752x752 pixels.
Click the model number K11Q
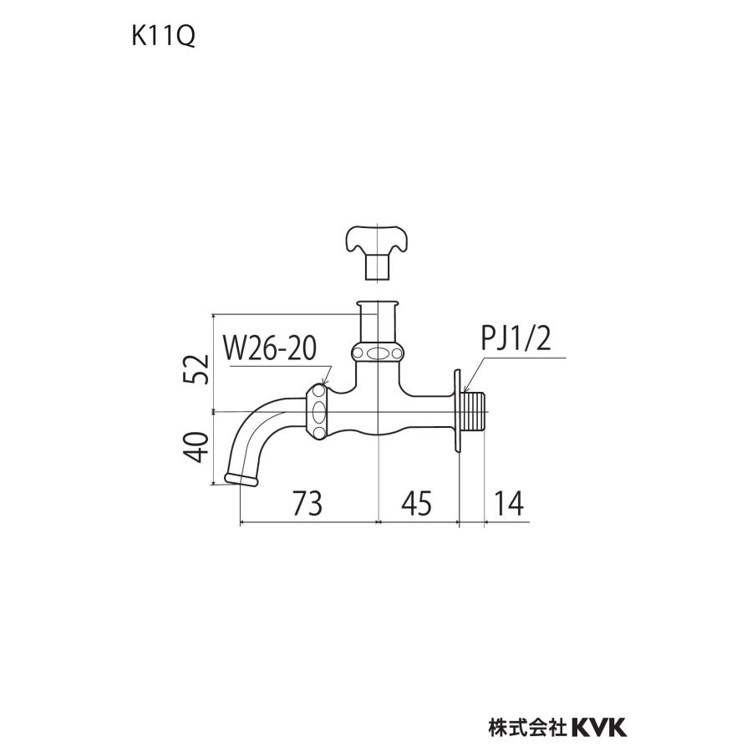(x=162, y=38)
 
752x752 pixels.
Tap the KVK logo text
(x=598, y=727)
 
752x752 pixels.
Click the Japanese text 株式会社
(x=527, y=727)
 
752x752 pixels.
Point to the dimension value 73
(x=308, y=503)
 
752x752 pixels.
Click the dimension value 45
(x=415, y=503)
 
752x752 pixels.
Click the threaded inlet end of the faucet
(x=475, y=411)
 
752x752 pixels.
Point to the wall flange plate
(x=459, y=411)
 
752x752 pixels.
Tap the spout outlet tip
(x=241, y=480)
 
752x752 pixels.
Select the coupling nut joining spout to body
(x=318, y=410)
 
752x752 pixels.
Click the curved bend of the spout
(x=251, y=422)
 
